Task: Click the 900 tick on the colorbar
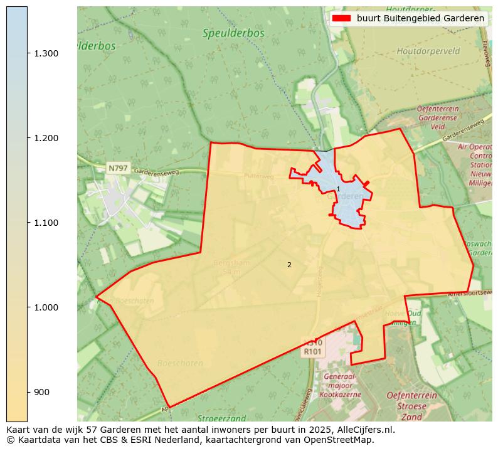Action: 41,392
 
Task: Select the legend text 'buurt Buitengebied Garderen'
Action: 420,19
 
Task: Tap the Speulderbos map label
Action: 233,33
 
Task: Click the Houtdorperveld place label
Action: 428,51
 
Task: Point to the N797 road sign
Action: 117,168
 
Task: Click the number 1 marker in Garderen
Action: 338,189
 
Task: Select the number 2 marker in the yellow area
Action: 289,265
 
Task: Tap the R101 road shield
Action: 312,352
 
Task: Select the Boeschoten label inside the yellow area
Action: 180,363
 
